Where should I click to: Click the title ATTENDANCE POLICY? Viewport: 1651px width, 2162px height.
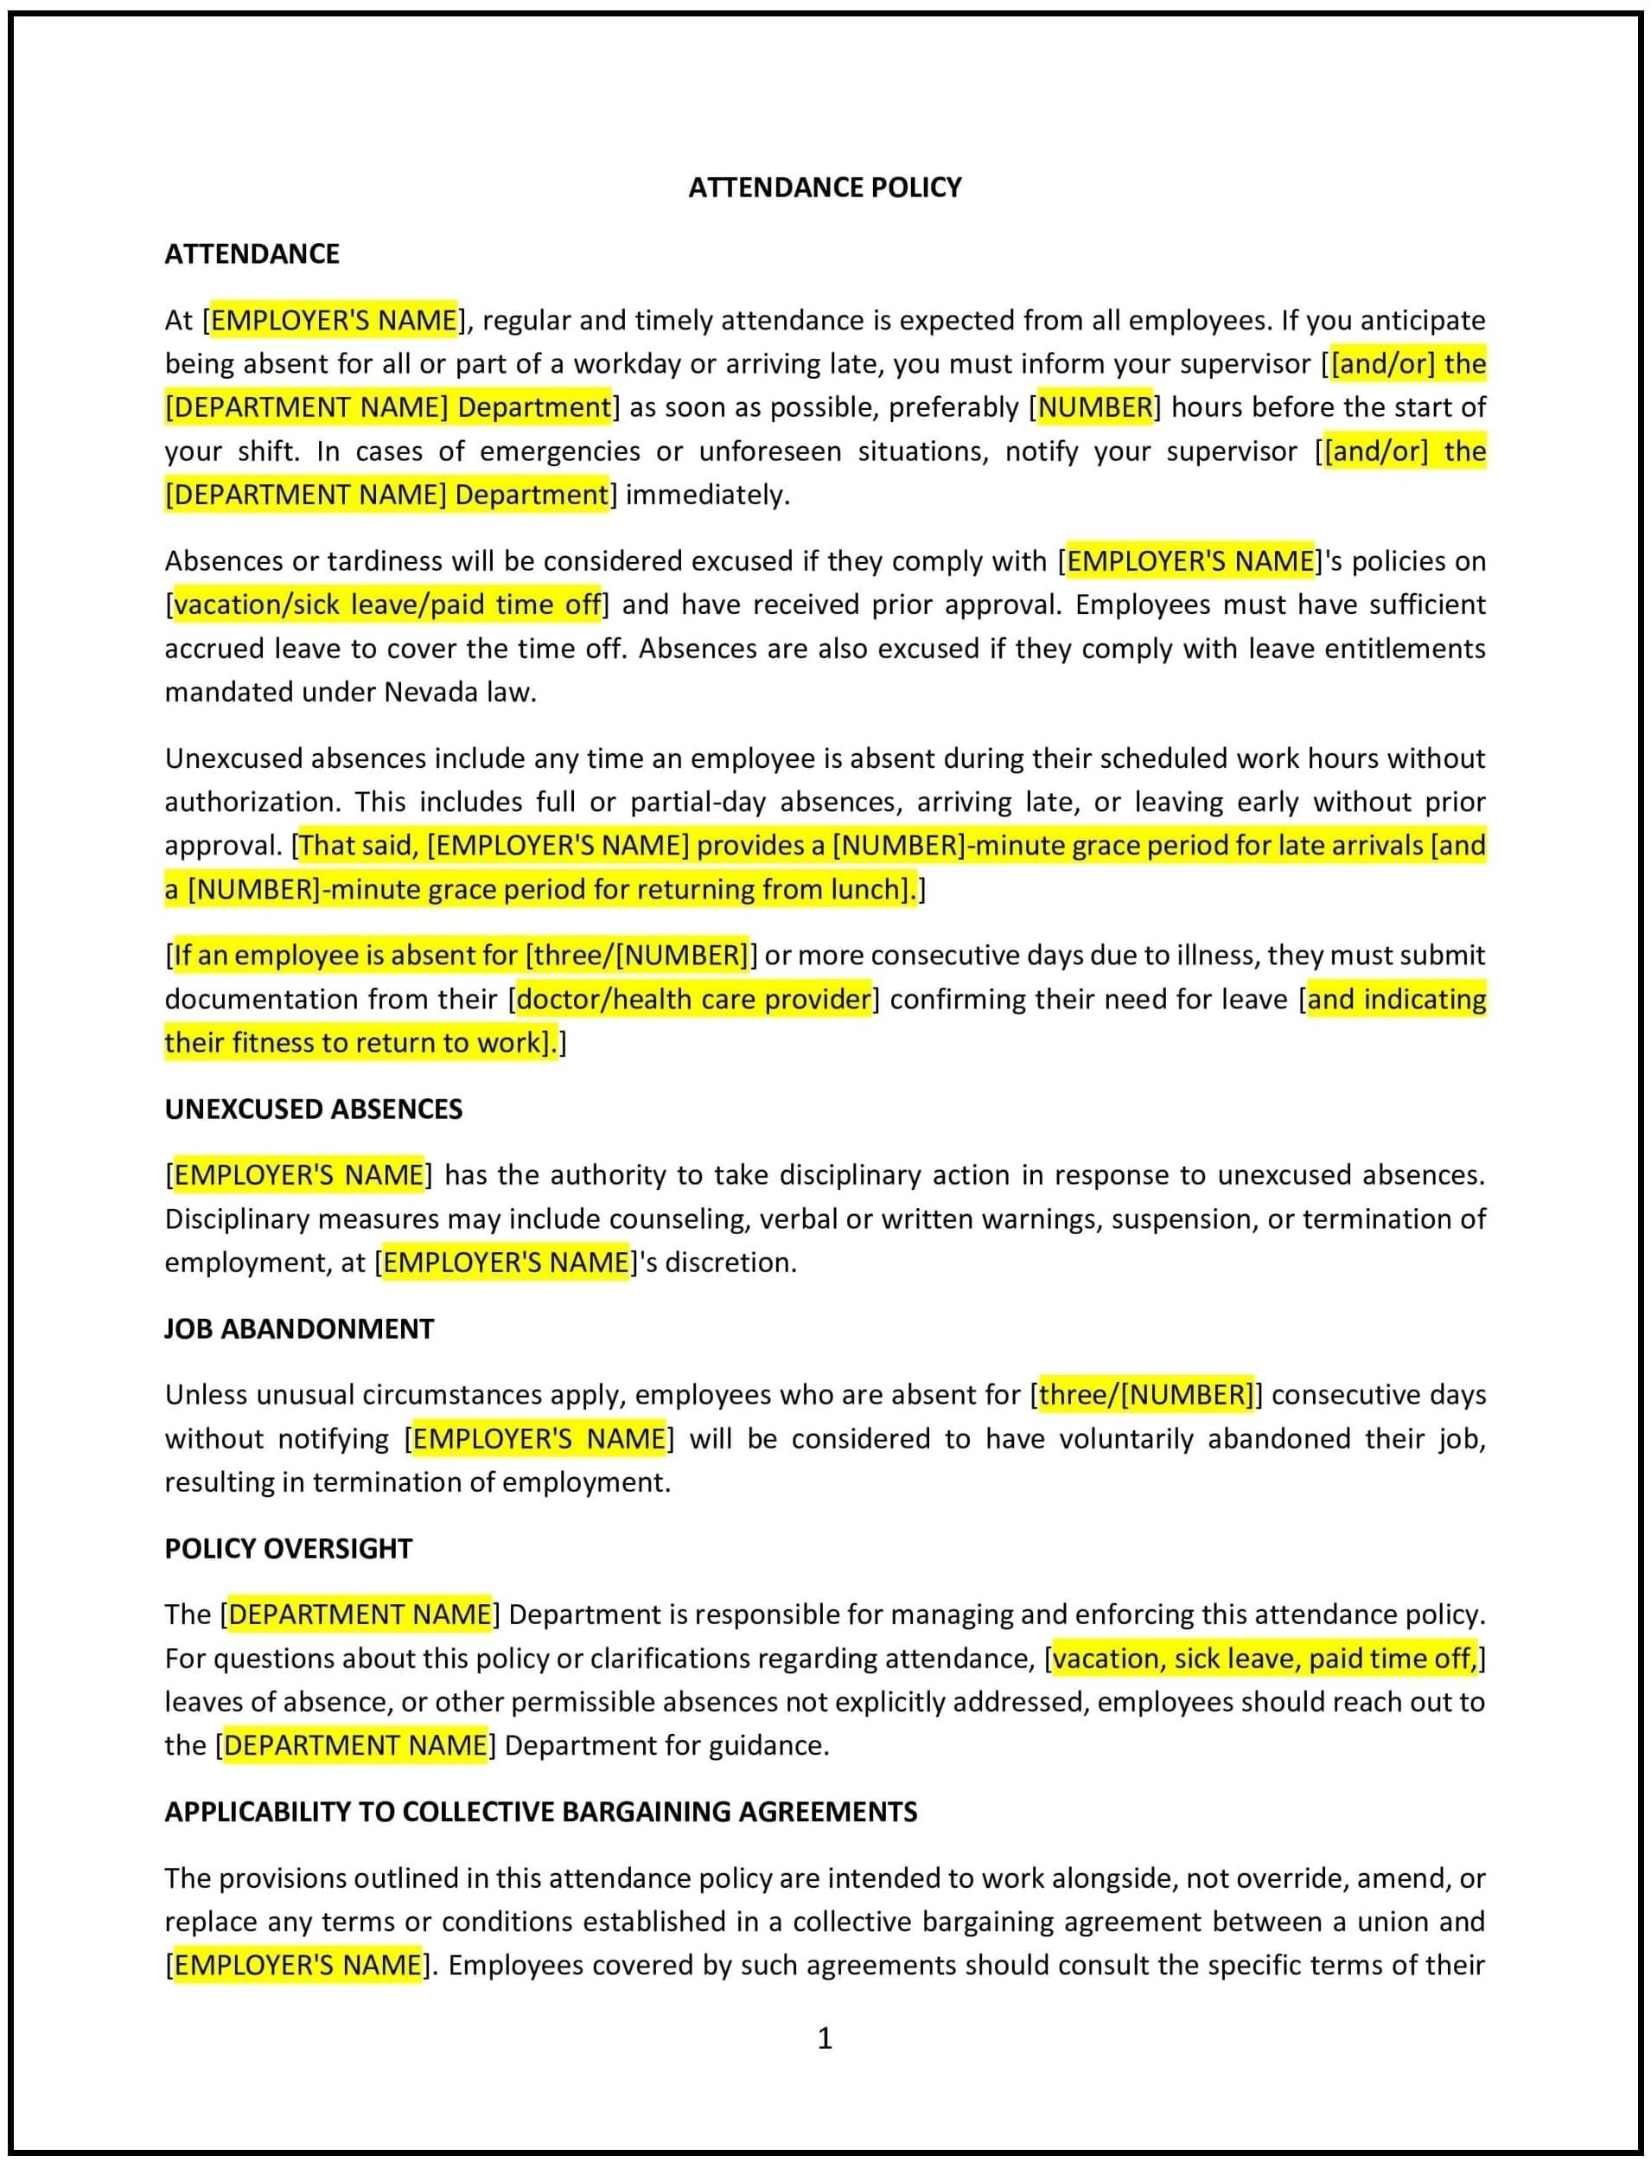[x=825, y=187]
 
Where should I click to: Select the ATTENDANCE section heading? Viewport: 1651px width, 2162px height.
[x=252, y=253]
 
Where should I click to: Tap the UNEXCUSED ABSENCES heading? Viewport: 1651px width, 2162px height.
[x=314, y=1109]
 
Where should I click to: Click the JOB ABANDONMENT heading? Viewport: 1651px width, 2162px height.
[x=299, y=1328]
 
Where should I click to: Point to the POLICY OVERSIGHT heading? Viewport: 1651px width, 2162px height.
[x=288, y=1549]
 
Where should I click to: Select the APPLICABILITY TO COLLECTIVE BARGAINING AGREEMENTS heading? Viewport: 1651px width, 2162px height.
[x=540, y=1812]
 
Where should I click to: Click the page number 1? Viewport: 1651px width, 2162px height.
[x=825, y=2038]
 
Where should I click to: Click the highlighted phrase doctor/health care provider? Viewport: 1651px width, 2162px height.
[x=694, y=999]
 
